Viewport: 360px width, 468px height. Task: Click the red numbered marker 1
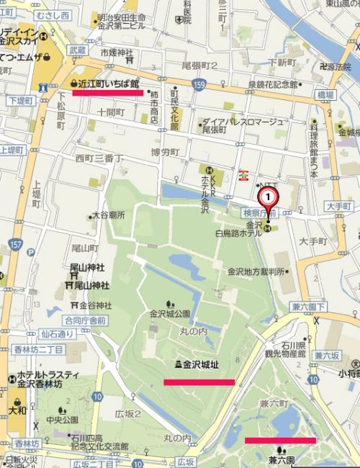(267, 195)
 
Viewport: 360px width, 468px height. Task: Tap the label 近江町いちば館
(109, 84)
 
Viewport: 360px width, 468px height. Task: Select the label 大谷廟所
(108, 215)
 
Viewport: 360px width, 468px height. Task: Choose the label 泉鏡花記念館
(273, 85)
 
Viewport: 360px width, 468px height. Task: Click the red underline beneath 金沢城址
(199, 382)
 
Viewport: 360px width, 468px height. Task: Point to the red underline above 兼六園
(280, 439)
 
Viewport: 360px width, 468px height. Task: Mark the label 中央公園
(66, 420)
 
